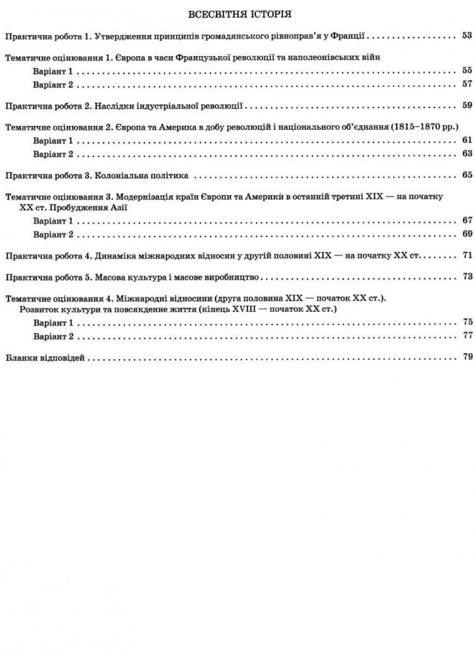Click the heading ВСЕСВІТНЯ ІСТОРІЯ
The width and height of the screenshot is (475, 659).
239,14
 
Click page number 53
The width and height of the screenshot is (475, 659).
468,36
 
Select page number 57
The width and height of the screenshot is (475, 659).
468,85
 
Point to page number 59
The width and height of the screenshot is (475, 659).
468,105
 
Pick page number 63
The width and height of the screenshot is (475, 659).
468,154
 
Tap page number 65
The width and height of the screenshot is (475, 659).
468,175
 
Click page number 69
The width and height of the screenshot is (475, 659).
468,234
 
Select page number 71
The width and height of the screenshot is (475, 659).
468,255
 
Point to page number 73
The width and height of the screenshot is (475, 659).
468,276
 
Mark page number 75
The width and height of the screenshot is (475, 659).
468,322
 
